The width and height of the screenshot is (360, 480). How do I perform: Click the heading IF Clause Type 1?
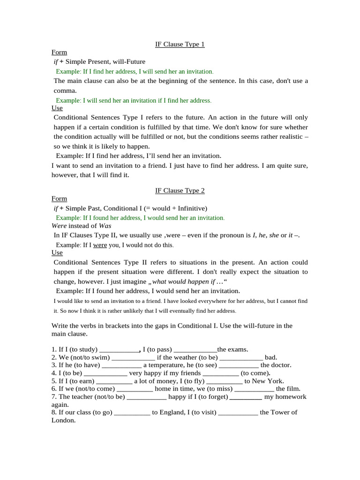click(180, 45)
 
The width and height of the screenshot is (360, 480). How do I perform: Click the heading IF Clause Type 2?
click(180, 191)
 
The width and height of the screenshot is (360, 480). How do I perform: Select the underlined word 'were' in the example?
click(100, 245)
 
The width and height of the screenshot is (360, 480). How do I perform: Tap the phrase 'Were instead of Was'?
click(81, 226)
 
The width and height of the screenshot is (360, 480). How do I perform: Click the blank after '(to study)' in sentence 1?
click(119, 349)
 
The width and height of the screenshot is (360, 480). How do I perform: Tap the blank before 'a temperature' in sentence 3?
click(121, 365)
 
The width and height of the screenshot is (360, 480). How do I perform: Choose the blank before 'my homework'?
click(246, 397)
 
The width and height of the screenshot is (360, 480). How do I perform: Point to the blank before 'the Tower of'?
click(238, 412)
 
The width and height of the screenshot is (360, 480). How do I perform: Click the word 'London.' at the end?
click(63, 420)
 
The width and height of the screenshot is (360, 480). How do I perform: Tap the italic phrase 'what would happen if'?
click(183, 282)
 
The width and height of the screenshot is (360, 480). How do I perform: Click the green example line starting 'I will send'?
click(134, 101)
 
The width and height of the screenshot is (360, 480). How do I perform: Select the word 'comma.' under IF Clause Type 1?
click(65, 90)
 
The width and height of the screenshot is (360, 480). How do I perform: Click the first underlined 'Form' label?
click(59, 52)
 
